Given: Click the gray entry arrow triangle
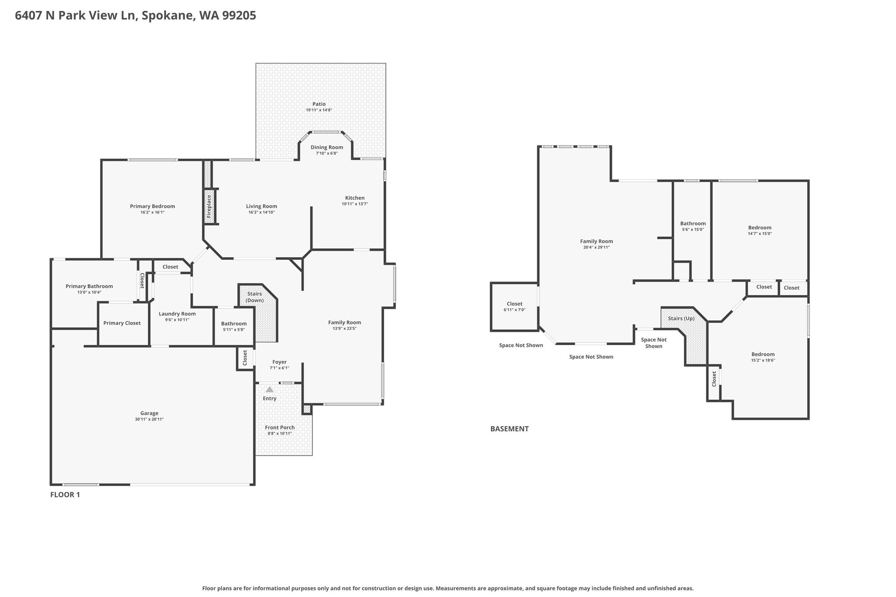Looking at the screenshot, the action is point(269,389).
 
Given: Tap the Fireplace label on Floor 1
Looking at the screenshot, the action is point(209,206).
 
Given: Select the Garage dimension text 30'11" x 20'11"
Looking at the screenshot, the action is point(149,419).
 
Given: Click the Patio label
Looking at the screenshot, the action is point(319,104).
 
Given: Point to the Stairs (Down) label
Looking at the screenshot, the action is point(254,297).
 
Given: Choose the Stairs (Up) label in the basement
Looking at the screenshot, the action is point(681,318).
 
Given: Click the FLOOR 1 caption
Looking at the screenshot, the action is point(65,495).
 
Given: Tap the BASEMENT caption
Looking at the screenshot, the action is point(509,429).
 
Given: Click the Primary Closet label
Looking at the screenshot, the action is point(122,323).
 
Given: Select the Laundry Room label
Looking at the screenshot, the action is point(177,314).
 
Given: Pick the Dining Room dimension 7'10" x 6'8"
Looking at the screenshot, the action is point(327,153).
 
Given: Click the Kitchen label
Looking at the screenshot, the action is point(355,198).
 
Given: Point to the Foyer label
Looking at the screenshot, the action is point(280,362).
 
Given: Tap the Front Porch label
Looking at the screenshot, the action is point(280,427).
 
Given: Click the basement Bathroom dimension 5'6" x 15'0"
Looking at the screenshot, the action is point(693,230).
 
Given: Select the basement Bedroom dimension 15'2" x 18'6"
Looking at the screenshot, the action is point(763,360).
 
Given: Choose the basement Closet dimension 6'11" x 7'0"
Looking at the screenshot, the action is point(514,310).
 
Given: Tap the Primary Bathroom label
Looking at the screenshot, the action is point(89,286).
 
